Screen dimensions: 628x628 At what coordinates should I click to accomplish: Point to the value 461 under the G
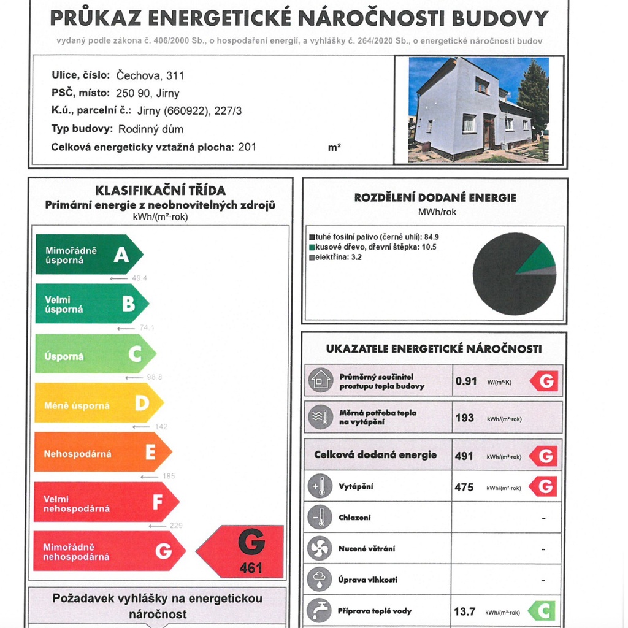pos(251,568)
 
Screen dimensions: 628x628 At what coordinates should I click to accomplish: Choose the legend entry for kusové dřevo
pos(372,247)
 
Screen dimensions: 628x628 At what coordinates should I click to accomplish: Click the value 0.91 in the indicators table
pos(466,381)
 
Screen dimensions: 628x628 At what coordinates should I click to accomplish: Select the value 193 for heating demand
pos(464,418)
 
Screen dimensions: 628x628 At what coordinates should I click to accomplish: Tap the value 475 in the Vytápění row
pos(464,487)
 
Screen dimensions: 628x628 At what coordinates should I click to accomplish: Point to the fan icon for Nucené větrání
pos(320,548)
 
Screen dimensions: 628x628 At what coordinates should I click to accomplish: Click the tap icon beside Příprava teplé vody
pos(320,611)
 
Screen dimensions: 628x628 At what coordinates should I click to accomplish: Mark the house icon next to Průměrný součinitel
pos(320,381)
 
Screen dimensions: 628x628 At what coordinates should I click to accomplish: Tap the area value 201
pos(247,147)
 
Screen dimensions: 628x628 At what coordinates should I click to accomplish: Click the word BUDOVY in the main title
pos(500,18)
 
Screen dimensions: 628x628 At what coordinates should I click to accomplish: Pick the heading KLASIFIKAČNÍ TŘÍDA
pos(161,191)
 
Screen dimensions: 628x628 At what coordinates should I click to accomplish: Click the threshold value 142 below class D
pos(161,426)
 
